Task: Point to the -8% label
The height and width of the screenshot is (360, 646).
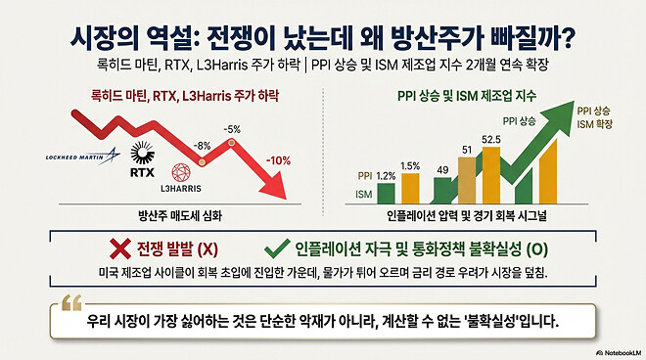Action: [x=201, y=146]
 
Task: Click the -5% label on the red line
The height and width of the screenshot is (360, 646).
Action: [x=231, y=128]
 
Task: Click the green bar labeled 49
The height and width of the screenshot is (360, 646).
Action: [x=441, y=191]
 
